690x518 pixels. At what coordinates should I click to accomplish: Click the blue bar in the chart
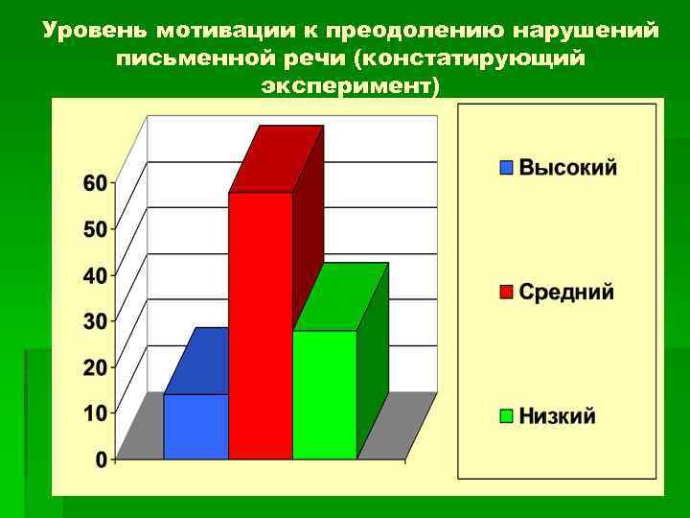pos(195,426)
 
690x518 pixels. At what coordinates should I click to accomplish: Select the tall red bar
pos(260,326)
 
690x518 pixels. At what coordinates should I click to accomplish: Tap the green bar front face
pos(324,394)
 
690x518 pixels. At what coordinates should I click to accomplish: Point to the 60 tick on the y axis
pos(95,183)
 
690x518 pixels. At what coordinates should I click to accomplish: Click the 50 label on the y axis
pos(95,229)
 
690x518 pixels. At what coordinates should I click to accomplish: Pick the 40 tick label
pos(95,275)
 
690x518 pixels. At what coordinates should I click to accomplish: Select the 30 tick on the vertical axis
pos(95,321)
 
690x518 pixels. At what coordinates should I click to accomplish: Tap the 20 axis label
pos(95,367)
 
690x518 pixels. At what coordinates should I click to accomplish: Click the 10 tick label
pos(95,413)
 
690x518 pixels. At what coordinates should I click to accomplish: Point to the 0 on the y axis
pos(101,459)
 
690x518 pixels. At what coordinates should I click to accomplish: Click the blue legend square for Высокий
pos(506,168)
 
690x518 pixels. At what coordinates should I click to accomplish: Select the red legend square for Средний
pos(506,292)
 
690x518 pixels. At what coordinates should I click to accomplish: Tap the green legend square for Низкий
pos(506,416)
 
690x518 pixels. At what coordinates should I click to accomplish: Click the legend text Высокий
pos(568,168)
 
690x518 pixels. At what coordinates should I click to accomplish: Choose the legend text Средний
pos(566,292)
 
